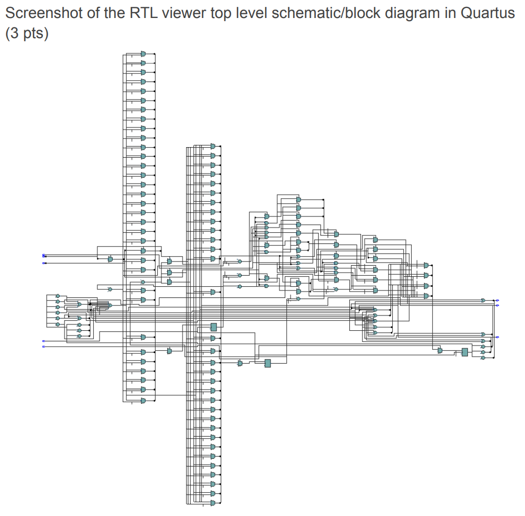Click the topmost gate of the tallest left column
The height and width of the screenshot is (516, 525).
[x=143, y=54]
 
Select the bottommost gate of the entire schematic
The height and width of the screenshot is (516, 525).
[x=213, y=502]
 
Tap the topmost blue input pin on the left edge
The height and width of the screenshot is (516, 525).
[x=44, y=256]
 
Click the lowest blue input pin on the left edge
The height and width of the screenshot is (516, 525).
[x=44, y=347]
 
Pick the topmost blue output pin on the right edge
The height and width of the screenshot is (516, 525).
[x=497, y=300]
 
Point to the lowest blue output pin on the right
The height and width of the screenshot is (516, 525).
[x=497, y=337]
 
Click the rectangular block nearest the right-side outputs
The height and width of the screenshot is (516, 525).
[x=465, y=352]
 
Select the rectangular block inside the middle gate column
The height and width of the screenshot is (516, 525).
[x=214, y=327]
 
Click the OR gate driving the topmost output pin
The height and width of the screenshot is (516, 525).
[x=483, y=300]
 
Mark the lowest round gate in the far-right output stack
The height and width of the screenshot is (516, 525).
[x=483, y=358]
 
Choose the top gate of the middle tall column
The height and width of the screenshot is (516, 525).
[x=213, y=146]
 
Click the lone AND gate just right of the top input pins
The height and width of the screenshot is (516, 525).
[x=110, y=259]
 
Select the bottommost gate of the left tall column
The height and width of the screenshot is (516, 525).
[x=143, y=401]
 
